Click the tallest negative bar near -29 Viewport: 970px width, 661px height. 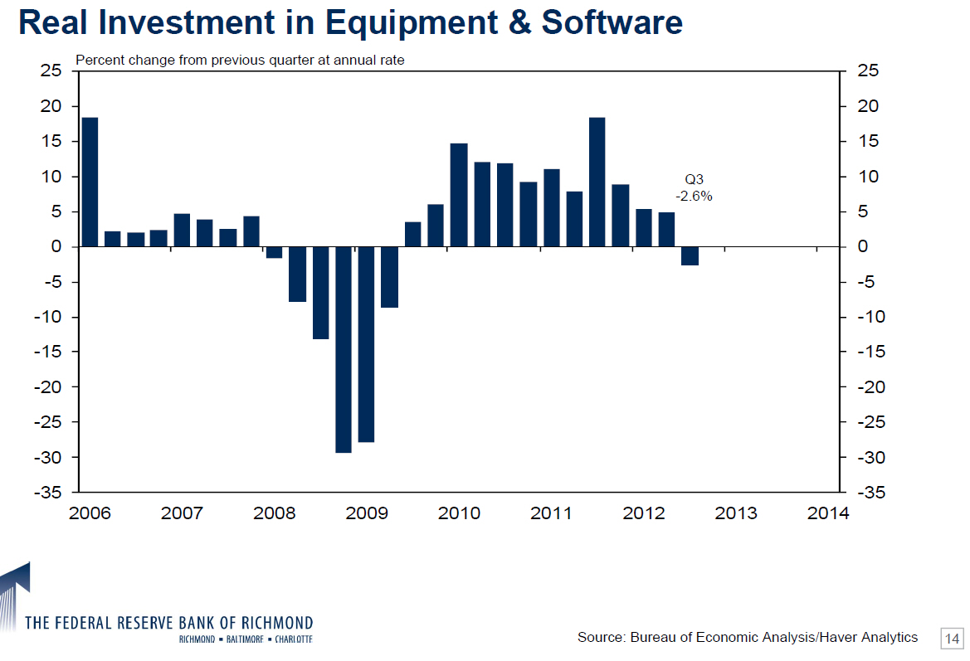[x=344, y=349]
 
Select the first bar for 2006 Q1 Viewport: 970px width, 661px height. [x=90, y=182]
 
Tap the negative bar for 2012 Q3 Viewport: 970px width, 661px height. [x=690, y=255]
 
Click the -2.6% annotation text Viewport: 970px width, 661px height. [x=693, y=197]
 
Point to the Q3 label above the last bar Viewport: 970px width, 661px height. [x=694, y=179]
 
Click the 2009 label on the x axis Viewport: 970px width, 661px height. [x=366, y=513]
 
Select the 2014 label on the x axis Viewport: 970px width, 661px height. [x=829, y=513]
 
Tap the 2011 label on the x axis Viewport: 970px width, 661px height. [x=551, y=513]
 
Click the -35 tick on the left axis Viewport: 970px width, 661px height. [x=47, y=493]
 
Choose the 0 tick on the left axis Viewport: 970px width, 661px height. [x=56, y=247]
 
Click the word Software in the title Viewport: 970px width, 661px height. [x=612, y=22]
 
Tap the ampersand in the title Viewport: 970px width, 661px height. [x=517, y=22]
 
